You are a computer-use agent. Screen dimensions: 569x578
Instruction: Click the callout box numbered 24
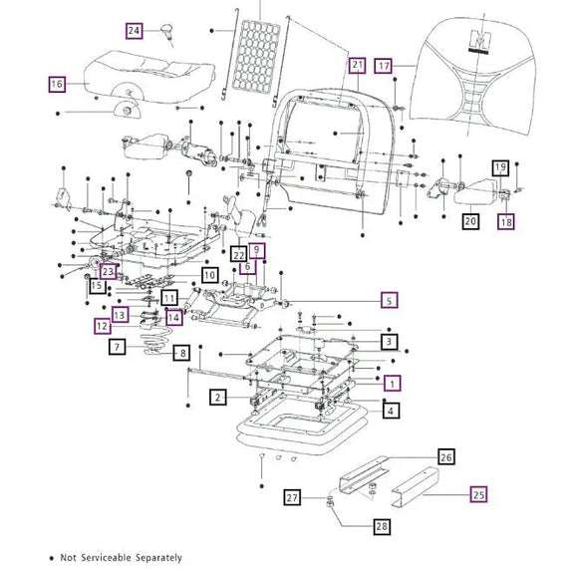tap(135, 30)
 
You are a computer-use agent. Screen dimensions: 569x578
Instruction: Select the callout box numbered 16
tap(57, 85)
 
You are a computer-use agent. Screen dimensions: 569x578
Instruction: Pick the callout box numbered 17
tap(384, 66)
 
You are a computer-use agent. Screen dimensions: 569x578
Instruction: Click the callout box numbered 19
tap(500, 168)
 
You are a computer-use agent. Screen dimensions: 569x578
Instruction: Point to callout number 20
tap(469, 222)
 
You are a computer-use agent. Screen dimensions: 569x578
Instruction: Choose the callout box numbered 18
tap(505, 222)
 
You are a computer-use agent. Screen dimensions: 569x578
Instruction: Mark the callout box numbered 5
tap(391, 299)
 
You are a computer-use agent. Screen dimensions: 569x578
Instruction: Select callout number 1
tap(393, 383)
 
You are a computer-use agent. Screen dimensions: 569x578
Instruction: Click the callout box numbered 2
tap(217, 398)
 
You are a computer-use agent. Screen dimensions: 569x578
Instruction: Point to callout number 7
tap(118, 347)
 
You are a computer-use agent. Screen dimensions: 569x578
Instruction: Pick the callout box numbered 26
tap(445, 457)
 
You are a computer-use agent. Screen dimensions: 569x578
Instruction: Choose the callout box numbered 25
tap(477, 492)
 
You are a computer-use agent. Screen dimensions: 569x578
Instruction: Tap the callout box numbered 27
tap(292, 497)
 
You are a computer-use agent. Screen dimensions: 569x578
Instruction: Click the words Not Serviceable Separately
tap(122, 558)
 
